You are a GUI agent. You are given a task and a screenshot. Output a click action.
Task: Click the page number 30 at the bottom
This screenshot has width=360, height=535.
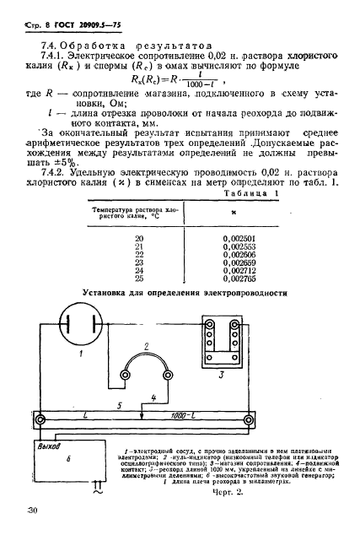tap(32, 511)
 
